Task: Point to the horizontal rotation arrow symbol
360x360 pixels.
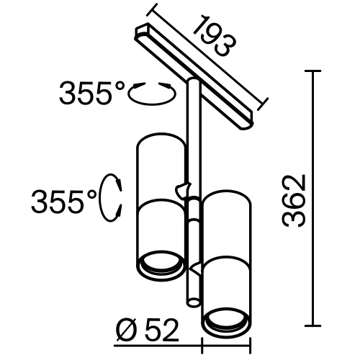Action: coord(151,92)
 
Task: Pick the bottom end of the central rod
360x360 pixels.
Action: coord(192,301)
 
